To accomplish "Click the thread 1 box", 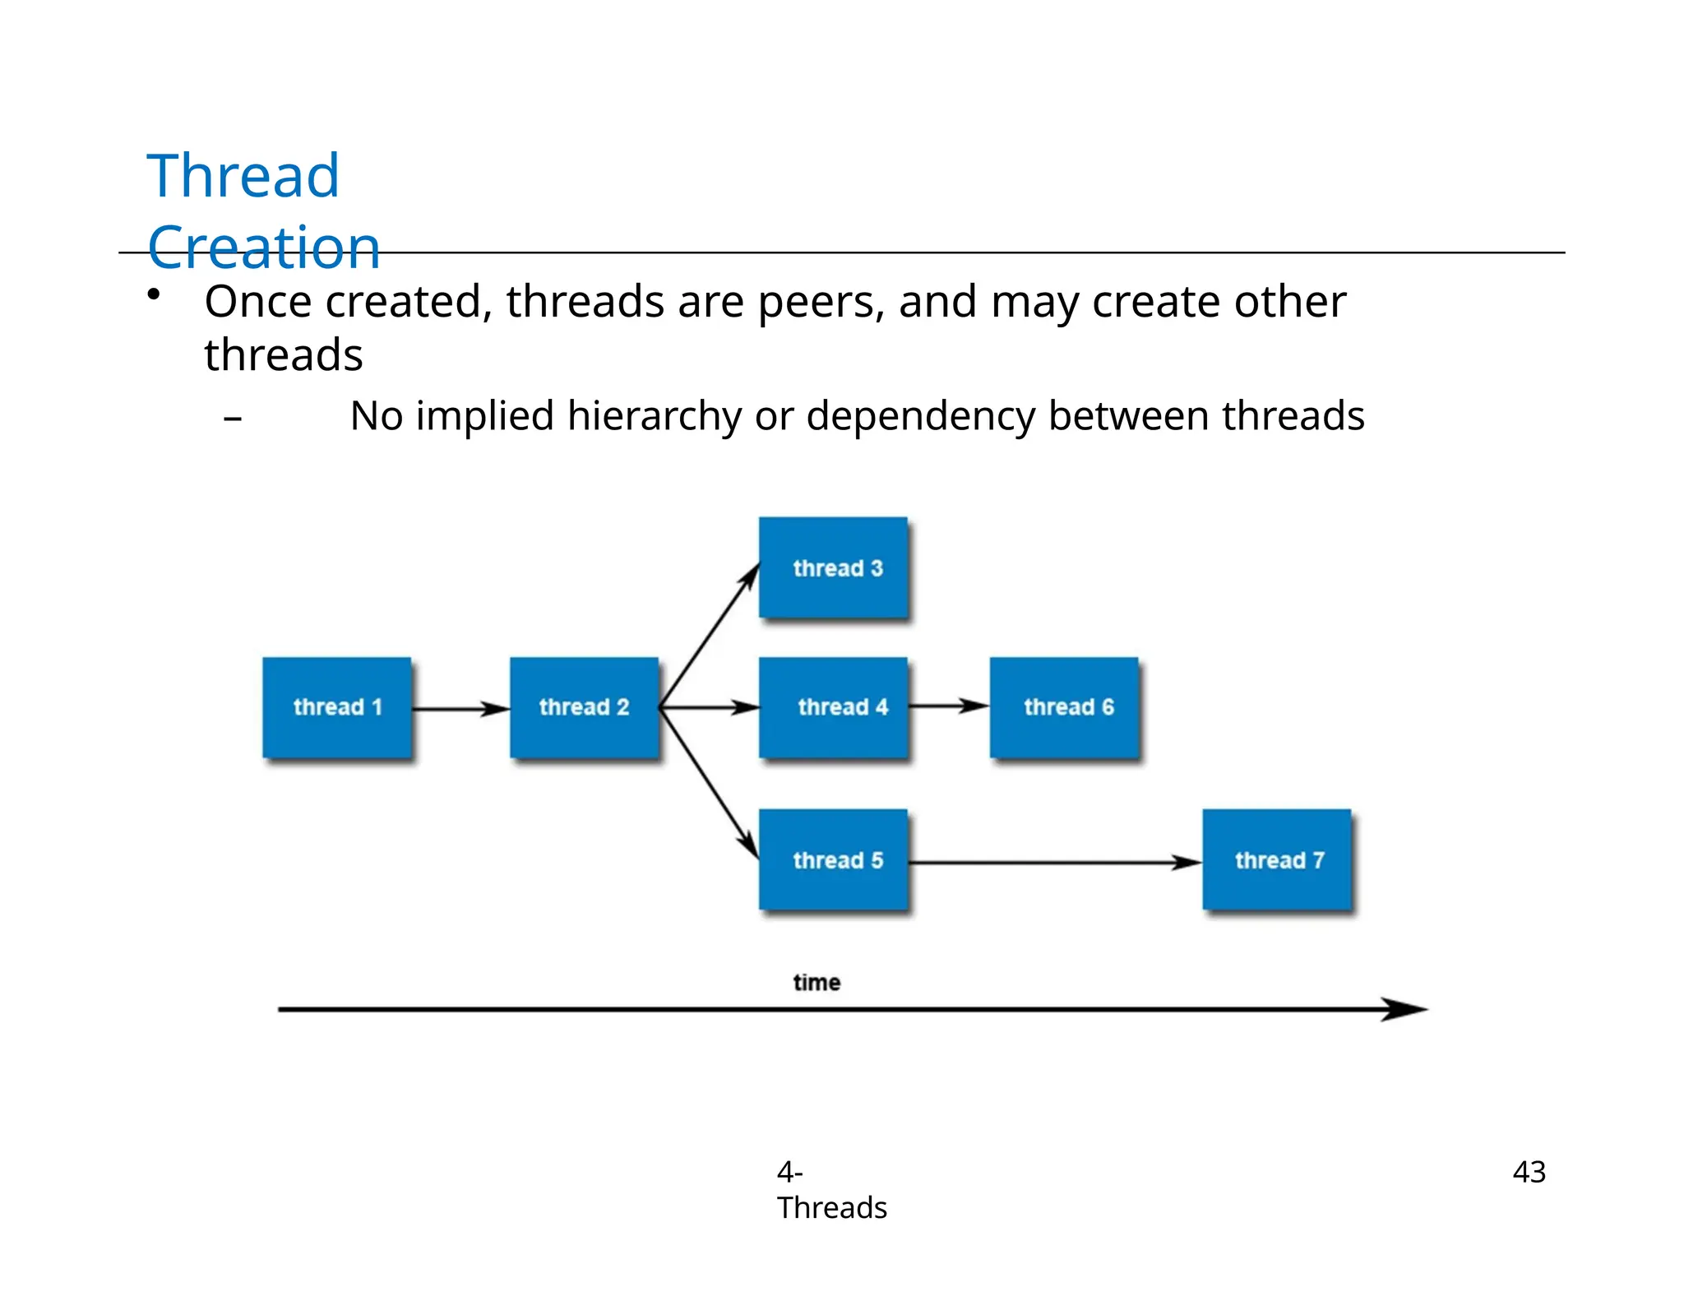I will click(x=337, y=707).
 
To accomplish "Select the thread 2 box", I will click(x=584, y=707).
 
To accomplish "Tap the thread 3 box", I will click(x=833, y=567).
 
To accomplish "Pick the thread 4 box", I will click(x=833, y=707).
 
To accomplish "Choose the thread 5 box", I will click(x=833, y=859).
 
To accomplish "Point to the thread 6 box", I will click(x=1065, y=707).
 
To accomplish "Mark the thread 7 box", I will click(x=1277, y=859).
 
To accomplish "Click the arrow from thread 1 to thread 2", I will click(x=460, y=708).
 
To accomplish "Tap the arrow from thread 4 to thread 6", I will click(x=948, y=706).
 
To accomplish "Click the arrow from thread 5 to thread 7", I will click(x=1054, y=863).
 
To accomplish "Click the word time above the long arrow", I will click(x=817, y=982).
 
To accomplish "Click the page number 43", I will click(x=1529, y=1171).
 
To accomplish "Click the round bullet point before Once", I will click(x=154, y=294).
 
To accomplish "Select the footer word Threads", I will click(x=831, y=1207).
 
